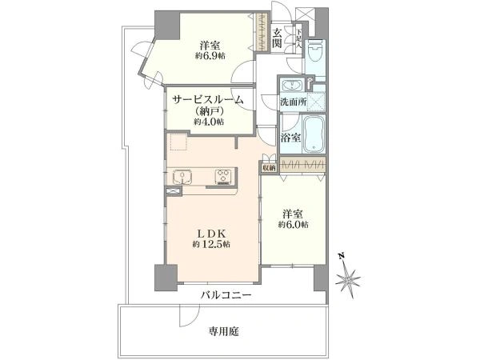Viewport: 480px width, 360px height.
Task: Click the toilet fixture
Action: point(315,54)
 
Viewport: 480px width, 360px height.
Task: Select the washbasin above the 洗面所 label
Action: point(290,85)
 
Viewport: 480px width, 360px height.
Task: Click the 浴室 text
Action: point(290,138)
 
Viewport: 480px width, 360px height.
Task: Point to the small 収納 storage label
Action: point(268,167)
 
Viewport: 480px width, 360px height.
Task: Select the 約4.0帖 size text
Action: point(208,122)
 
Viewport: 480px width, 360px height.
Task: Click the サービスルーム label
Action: point(208,99)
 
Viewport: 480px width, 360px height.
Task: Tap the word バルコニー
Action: point(226,294)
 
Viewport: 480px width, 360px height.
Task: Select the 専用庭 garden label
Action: point(225,329)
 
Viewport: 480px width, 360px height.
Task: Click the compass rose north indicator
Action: point(350,279)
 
